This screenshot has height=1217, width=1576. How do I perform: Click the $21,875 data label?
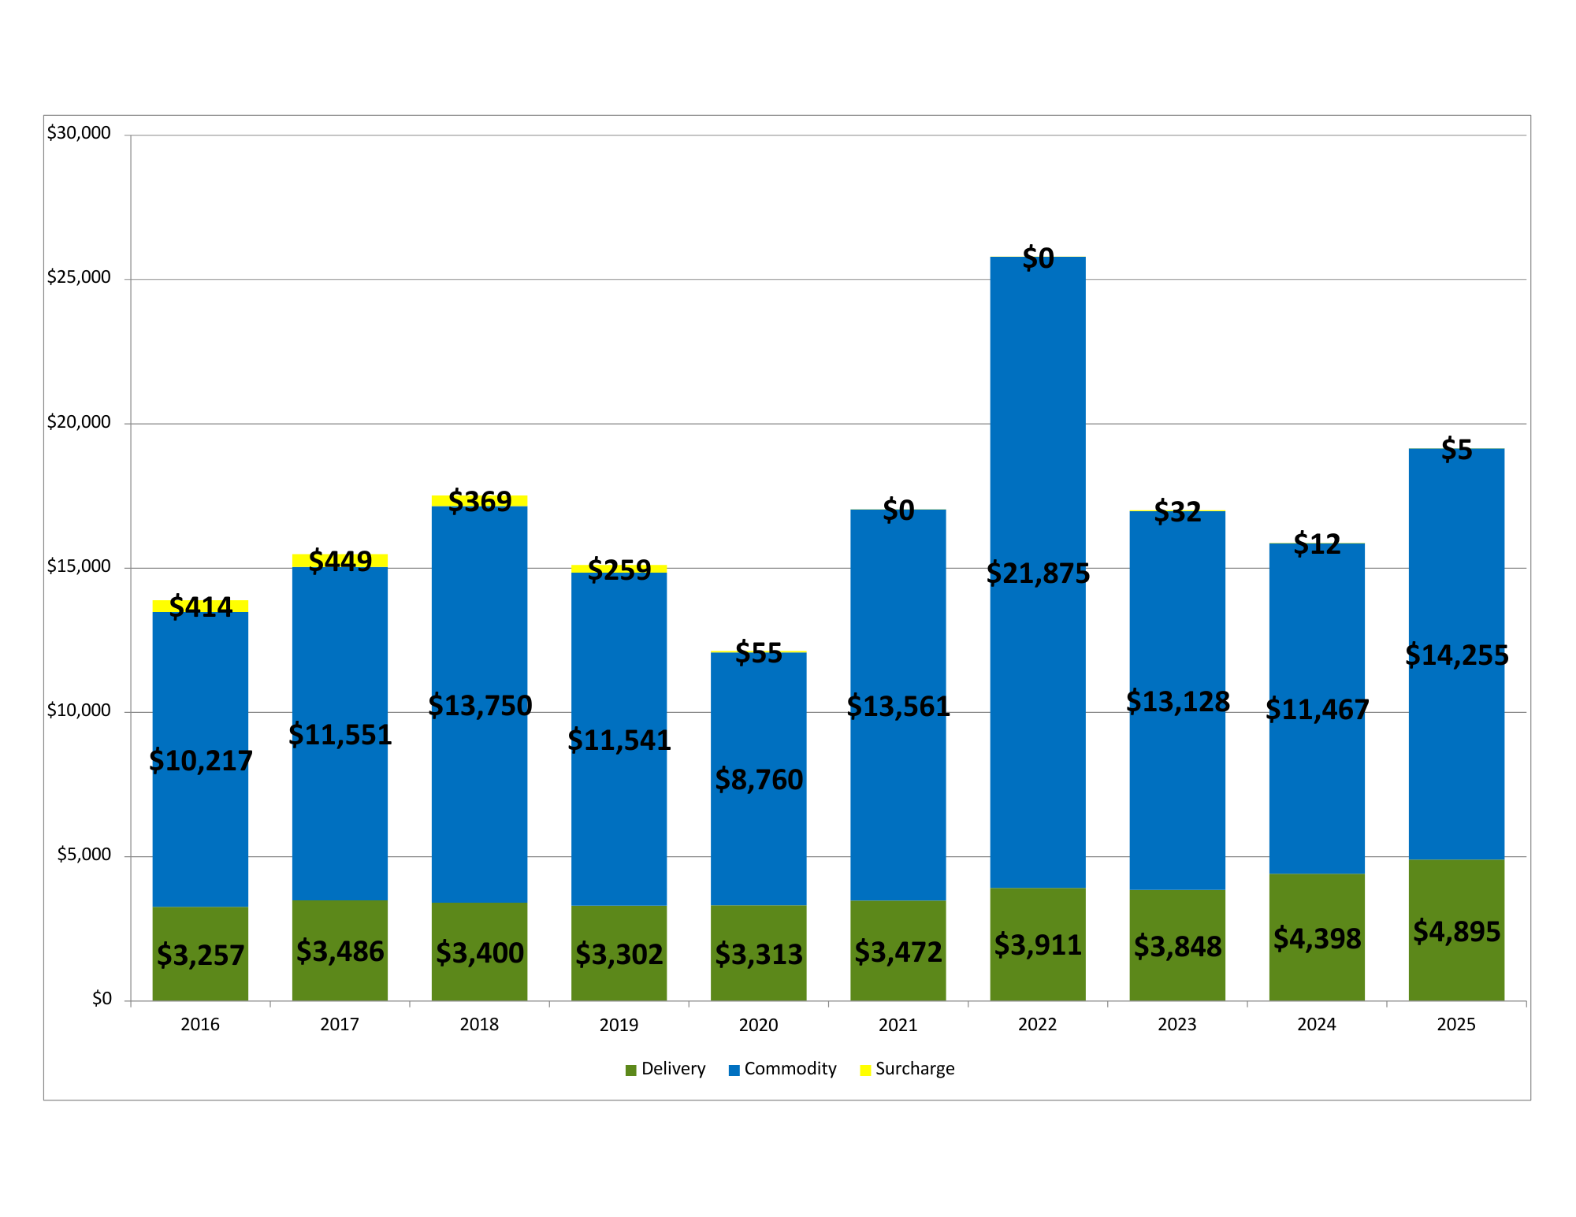pyautogui.click(x=1038, y=573)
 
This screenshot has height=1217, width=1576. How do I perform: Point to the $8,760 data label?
pyautogui.click(x=758, y=780)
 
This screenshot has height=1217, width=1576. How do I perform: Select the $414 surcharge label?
pyautogui.click(x=201, y=607)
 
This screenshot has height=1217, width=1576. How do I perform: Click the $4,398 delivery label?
pyautogui.click(x=1317, y=939)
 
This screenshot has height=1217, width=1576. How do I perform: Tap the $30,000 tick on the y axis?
pyautogui.click(x=79, y=133)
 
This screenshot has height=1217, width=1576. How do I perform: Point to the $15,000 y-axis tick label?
pyautogui.click(x=79, y=566)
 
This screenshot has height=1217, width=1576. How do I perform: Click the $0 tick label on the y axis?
pyautogui.click(x=102, y=999)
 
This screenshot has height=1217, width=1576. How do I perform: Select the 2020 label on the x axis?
pyautogui.click(x=758, y=1025)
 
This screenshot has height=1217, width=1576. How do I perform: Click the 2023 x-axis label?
pyautogui.click(x=1176, y=1025)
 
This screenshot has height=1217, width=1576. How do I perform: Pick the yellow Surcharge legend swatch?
pyautogui.click(x=865, y=1070)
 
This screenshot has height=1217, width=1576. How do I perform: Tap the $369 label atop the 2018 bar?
pyautogui.click(x=480, y=501)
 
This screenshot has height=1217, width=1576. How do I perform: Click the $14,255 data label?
pyautogui.click(x=1456, y=655)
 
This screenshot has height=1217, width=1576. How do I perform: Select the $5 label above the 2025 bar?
pyautogui.click(x=1456, y=450)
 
